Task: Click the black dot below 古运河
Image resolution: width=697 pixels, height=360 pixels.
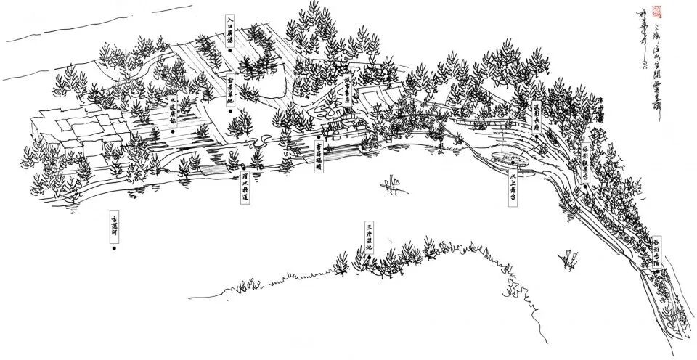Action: [114, 249]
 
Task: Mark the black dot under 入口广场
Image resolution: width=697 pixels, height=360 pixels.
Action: [229, 53]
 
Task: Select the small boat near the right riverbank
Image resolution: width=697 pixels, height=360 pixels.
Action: [568, 257]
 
